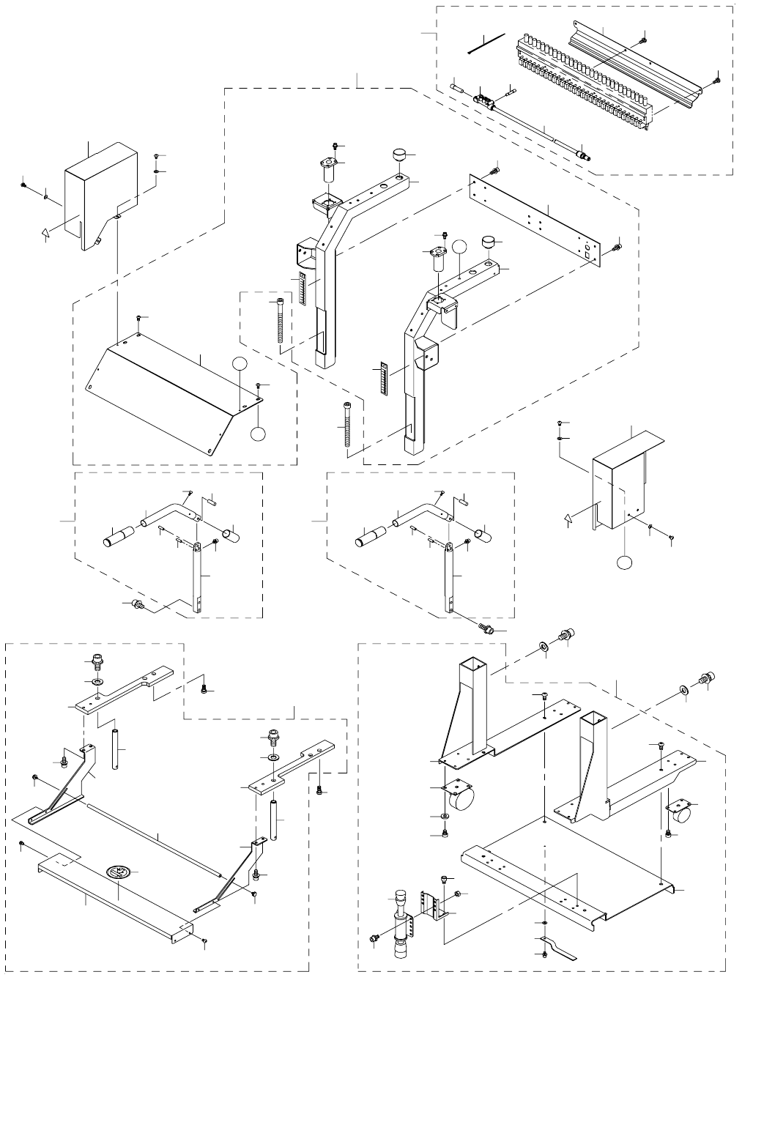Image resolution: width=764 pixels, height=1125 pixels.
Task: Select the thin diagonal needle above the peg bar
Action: (x=487, y=43)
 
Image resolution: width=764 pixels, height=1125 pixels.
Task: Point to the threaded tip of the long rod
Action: (x=584, y=155)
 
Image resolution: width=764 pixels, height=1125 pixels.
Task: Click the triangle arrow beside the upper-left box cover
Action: (x=45, y=234)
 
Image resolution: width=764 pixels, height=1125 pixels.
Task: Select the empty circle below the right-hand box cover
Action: (x=623, y=562)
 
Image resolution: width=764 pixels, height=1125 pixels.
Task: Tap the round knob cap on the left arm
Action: (x=399, y=156)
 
